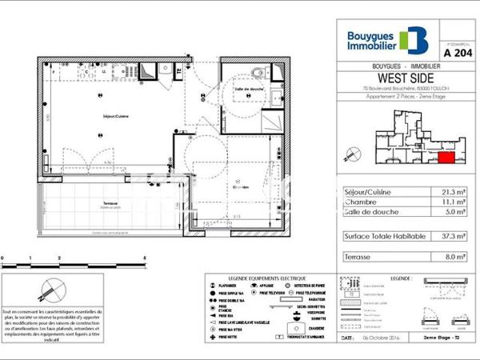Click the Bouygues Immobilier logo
(387, 40)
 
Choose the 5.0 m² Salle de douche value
(457, 214)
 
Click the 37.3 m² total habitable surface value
(456, 236)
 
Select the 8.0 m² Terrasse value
(457, 258)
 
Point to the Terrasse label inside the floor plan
(112, 203)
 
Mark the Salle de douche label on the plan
(250, 89)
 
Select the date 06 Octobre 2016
(381, 338)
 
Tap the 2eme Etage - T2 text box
(453, 338)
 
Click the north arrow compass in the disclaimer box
(53, 289)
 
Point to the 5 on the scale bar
(144, 258)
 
